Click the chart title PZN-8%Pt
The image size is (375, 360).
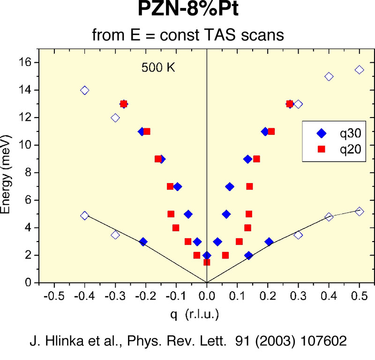pos(187,9)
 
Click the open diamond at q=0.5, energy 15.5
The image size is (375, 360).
pos(359,70)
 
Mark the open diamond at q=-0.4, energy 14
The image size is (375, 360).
pos(84,90)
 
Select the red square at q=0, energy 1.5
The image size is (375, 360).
pos(207,262)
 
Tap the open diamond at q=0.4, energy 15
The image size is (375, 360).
pos(329,76)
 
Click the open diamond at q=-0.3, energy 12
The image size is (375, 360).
pos(115,118)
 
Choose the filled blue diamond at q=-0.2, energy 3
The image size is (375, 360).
pos(143,242)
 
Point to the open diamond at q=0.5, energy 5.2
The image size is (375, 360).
pos(359,211)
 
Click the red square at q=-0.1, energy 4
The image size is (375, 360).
pos(176,228)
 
